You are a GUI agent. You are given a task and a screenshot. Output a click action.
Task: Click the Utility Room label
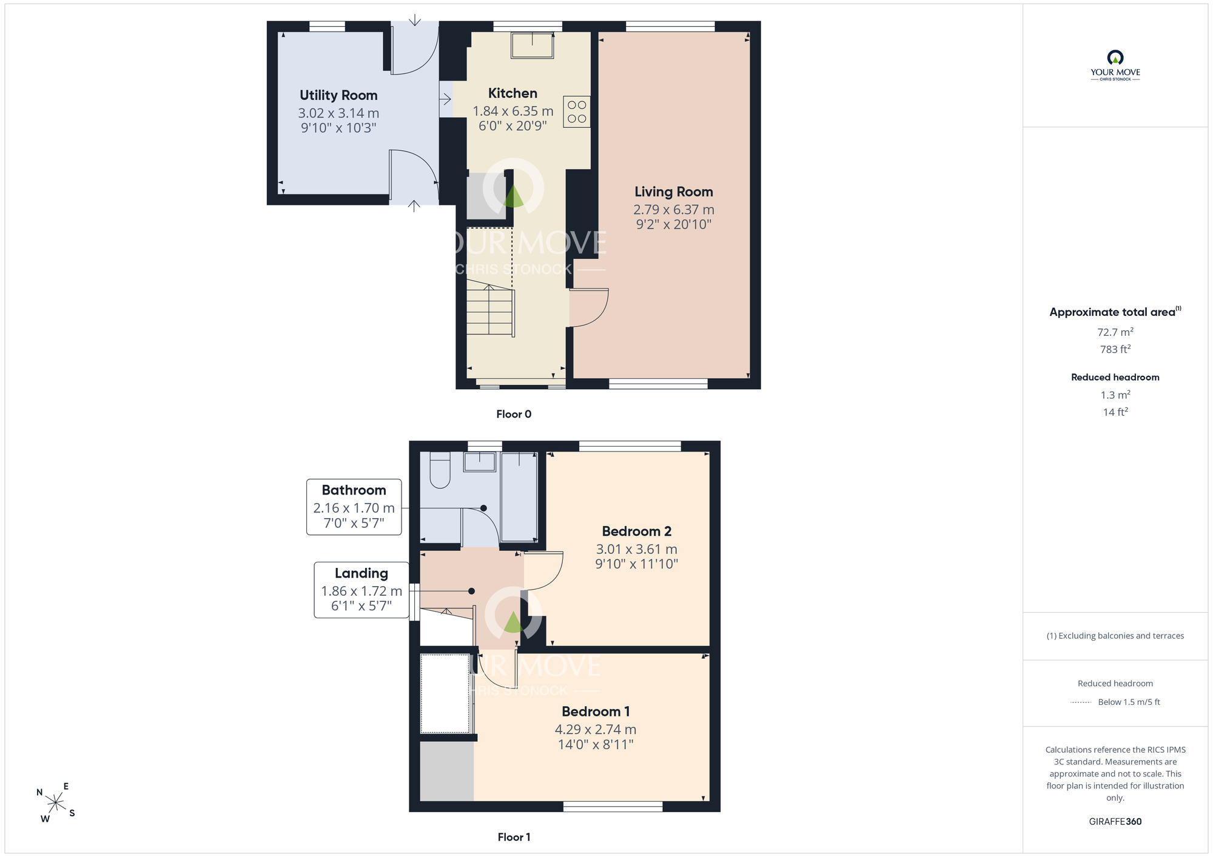point(338,95)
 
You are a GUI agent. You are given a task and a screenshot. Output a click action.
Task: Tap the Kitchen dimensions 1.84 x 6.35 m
point(513,111)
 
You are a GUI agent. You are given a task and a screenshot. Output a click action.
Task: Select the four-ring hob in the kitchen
point(577,112)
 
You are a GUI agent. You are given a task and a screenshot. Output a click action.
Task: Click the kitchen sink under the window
point(533,45)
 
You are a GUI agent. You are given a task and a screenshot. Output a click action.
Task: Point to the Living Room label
point(674,192)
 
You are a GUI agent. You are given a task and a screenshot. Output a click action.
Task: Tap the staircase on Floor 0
point(491,310)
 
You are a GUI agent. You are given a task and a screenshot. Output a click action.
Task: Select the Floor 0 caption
point(514,414)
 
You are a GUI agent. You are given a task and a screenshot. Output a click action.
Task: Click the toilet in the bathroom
point(440,470)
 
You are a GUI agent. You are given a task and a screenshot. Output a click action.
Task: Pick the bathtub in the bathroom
point(519,496)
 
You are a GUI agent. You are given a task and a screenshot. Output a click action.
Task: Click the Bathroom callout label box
point(354,507)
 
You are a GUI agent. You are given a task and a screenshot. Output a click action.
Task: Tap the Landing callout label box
point(361,590)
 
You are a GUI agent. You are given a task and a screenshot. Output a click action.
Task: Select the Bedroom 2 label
point(637,531)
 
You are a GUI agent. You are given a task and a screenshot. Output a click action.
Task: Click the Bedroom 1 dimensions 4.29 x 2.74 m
point(596,729)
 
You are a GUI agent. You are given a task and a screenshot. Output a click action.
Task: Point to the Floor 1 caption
point(514,837)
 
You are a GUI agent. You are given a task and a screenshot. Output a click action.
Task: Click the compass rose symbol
point(56,803)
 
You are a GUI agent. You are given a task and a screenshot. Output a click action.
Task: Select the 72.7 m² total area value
point(1115,332)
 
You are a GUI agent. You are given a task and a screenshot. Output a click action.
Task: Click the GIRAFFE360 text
point(1115,822)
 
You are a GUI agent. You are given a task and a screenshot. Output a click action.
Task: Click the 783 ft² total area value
point(1115,349)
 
